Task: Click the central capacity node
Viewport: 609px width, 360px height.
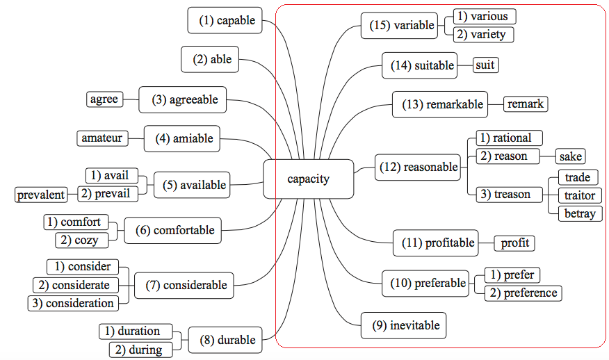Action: click(308, 179)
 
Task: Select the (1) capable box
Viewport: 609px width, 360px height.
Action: click(227, 21)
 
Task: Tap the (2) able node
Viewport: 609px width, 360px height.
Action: click(211, 60)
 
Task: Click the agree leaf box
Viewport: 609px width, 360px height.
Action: click(104, 99)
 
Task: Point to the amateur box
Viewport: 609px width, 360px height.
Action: click(101, 138)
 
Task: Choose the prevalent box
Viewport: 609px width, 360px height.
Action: click(41, 195)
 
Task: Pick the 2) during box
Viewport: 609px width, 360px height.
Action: click(139, 350)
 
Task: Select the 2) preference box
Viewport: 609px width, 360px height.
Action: click(523, 293)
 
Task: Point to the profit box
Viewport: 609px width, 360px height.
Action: click(514, 243)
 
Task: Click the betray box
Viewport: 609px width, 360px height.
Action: click(579, 213)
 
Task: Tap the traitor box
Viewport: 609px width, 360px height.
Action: click(579, 195)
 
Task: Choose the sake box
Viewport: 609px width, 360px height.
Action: click(569, 156)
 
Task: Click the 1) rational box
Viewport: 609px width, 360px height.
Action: click(508, 138)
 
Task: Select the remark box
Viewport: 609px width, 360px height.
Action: click(525, 104)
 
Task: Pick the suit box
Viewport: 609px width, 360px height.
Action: click(485, 65)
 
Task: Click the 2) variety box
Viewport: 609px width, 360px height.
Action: click(482, 35)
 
